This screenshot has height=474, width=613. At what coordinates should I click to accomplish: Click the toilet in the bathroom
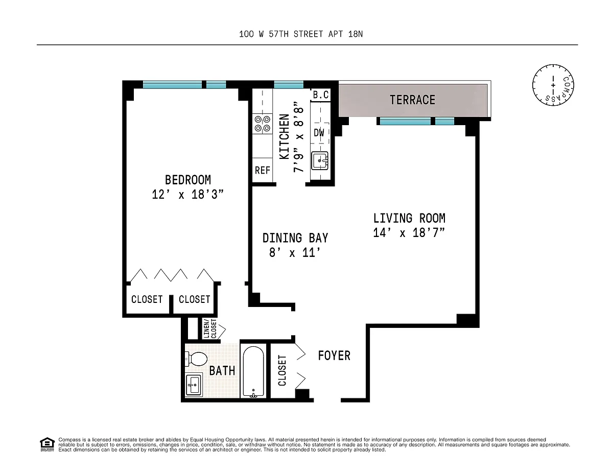[x=196, y=359]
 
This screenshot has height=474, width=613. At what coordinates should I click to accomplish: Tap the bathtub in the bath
[x=253, y=372]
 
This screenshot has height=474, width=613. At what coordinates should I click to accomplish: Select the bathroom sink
[x=194, y=385]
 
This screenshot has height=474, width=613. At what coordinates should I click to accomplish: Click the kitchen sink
[x=320, y=161]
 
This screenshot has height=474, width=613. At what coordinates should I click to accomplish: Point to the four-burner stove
[x=263, y=124]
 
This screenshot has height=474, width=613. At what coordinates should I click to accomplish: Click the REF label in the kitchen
[x=263, y=170]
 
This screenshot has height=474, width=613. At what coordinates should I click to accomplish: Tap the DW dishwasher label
[x=319, y=132]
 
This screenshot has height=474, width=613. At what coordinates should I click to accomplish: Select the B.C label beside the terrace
[x=321, y=94]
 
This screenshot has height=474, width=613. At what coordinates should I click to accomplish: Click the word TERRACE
[x=412, y=100]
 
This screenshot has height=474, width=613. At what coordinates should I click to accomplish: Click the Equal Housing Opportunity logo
[x=47, y=444]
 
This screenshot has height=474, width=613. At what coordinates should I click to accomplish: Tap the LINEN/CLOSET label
[x=210, y=328]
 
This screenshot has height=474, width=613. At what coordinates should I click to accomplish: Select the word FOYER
[x=334, y=355]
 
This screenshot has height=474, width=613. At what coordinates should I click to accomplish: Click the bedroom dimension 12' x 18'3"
[x=187, y=195]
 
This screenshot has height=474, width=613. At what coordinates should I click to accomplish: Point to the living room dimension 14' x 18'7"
[x=409, y=233]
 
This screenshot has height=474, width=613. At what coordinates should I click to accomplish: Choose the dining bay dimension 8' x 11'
[x=295, y=253]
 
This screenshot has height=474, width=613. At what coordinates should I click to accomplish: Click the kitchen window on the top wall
[x=289, y=84]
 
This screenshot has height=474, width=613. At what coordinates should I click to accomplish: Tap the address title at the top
[x=301, y=34]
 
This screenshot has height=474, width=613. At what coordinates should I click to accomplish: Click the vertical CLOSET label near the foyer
[x=282, y=370]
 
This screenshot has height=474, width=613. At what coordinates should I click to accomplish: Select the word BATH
[x=222, y=370]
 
